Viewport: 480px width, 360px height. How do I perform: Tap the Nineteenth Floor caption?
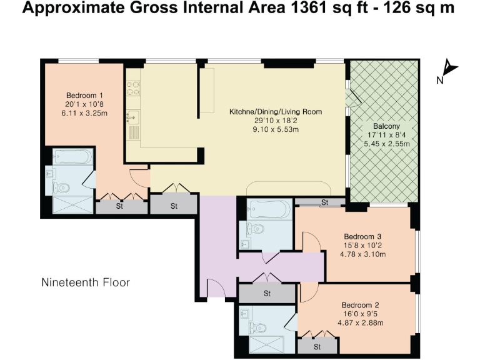pos(86,282)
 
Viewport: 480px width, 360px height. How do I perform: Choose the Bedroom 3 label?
pos(362,236)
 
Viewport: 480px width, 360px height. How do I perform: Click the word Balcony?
pos(387,125)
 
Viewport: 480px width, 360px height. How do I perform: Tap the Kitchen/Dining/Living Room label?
pos(276,112)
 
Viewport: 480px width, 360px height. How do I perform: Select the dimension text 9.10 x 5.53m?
pos(276,130)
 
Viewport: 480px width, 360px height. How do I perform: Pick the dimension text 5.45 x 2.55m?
pos(387,144)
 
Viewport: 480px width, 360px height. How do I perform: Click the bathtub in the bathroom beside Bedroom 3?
pos(269,207)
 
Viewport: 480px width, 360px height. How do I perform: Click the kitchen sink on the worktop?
pos(132,116)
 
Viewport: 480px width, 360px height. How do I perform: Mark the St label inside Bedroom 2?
pos(317,346)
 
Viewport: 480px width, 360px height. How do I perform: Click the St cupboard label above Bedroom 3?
pos(324,202)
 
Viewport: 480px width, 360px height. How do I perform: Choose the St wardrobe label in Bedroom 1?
pos(121,206)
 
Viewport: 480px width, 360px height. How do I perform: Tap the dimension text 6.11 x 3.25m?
pos(84,114)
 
